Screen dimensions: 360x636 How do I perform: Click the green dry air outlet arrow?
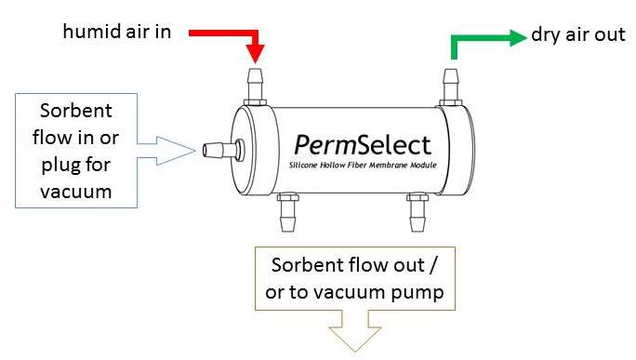pos(484,39)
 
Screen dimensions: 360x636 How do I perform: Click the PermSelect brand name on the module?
pos(363,144)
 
